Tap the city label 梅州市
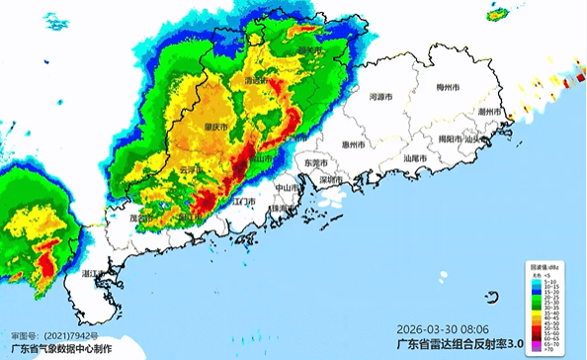450,88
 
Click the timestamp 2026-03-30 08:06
442,328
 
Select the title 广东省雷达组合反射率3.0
459,344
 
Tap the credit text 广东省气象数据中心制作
61,349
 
